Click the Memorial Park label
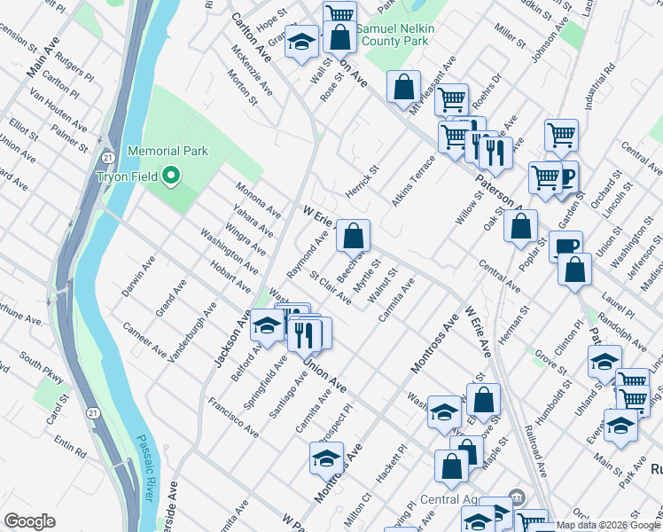tap(168, 152)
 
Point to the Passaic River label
tap(146, 469)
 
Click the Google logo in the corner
tap(29, 521)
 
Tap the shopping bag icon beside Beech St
tap(354, 236)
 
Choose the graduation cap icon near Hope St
tap(301, 42)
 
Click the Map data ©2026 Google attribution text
tap(608, 525)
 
